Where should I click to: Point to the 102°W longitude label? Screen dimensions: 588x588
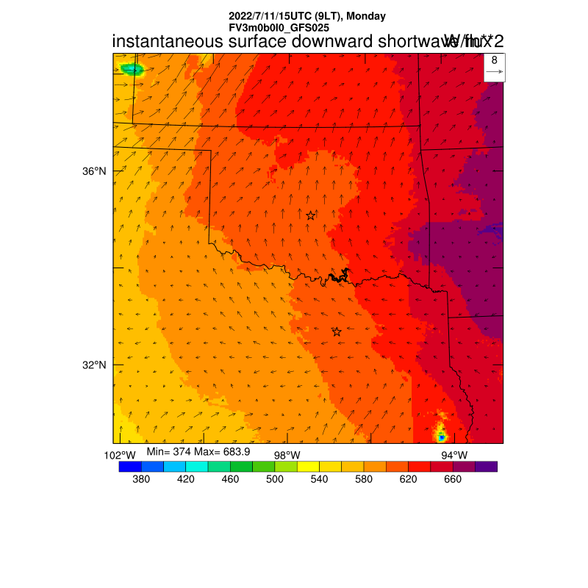point(120,455)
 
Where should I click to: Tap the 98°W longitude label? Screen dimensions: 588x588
point(287,455)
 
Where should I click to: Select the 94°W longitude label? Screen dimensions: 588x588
point(453,455)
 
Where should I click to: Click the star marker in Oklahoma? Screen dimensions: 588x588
point(311,215)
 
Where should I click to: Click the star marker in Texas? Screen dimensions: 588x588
point(337,332)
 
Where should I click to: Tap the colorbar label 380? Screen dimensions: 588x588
point(141,480)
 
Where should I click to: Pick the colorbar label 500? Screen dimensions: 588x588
point(275,480)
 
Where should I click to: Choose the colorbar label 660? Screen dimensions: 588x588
point(453,480)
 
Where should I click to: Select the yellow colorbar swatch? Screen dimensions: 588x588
point(308,466)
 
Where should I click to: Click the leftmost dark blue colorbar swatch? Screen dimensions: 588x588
point(129,466)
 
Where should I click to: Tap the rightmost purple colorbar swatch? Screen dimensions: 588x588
point(486,466)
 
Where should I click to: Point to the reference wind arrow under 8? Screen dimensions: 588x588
point(495,72)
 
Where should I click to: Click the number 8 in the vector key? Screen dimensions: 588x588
point(495,60)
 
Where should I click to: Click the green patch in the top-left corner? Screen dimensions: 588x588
point(133,70)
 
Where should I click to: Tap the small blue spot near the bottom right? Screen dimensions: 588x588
point(442,437)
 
